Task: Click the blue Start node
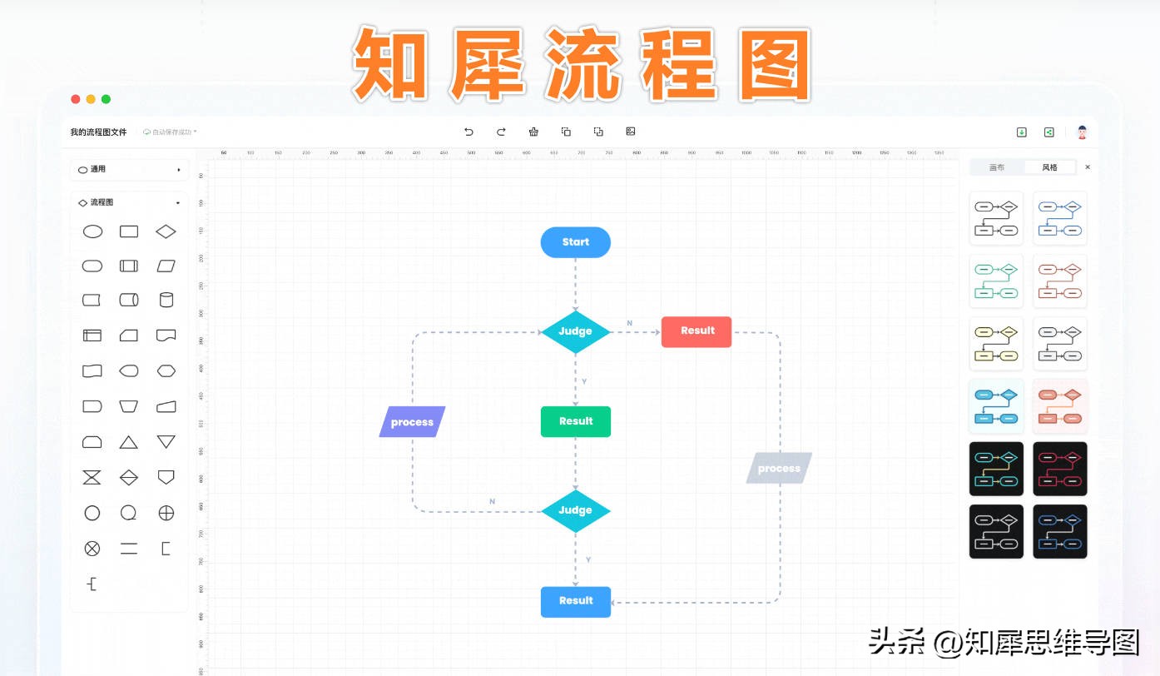[x=575, y=242]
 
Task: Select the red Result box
[x=696, y=331]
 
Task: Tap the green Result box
[x=575, y=421]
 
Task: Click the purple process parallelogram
[x=412, y=422]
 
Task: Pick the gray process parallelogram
[x=779, y=469]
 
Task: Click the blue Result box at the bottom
[x=575, y=601]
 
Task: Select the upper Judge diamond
[x=575, y=331]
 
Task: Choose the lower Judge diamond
[x=575, y=510]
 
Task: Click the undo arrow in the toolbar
[x=468, y=132]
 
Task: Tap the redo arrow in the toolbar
[x=501, y=132]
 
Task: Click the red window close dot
[x=76, y=99]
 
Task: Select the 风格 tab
[x=1050, y=167]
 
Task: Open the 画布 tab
[x=996, y=167]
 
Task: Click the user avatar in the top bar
[x=1082, y=132]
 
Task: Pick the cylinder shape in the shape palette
[x=166, y=300]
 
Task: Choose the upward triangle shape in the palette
[x=129, y=442]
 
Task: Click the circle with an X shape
[x=92, y=549]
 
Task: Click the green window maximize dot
[x=106, y=99]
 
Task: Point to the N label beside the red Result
[x=629, y=323]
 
